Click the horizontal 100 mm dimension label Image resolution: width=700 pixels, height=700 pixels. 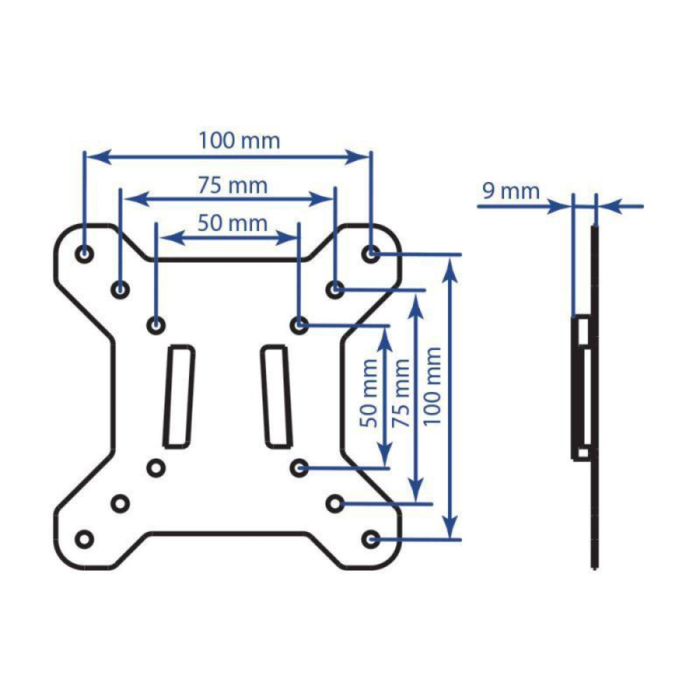click(239, 141)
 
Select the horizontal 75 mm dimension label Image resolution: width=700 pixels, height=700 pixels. click(232, 185)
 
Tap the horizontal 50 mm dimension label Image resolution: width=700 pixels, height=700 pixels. click(232, 223)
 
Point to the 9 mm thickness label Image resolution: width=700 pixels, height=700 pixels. click(510, 190)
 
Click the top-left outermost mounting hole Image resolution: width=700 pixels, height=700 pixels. click(85, 253)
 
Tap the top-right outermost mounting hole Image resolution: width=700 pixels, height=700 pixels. click(372, 253)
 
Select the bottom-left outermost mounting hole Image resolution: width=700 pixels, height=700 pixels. click(85, 539)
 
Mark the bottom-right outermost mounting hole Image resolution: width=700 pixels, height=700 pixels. click(372, 539)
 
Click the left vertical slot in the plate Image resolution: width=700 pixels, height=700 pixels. click(178, 395)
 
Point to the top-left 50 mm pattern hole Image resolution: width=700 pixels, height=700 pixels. click(156, 324)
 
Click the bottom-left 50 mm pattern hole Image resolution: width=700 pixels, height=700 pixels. click(156, 467)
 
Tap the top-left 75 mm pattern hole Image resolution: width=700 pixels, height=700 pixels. click(121, 288)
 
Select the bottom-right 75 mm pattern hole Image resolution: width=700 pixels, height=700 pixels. click(335, 503)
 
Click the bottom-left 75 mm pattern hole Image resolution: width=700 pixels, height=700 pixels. click(121, 503)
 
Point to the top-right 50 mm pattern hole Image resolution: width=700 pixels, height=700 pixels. click(300, 324)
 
